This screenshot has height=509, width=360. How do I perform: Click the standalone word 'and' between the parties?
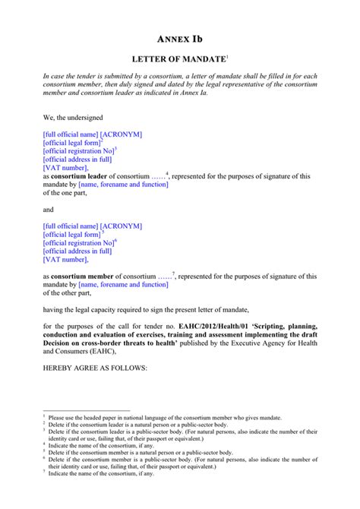[x=49, y=210]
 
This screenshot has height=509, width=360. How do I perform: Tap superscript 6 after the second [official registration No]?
[x=115, y=241]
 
